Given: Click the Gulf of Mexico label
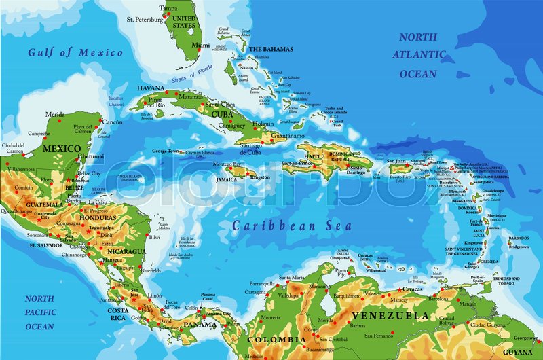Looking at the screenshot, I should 75,52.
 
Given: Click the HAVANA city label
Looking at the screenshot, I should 151,88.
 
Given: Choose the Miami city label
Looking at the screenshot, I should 200,46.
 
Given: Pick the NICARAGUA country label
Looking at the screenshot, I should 126,251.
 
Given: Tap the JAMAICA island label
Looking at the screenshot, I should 226,179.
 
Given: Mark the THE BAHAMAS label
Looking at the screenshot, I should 271,49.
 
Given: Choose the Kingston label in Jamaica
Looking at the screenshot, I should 260,177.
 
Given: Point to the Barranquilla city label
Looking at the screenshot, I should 261,283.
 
